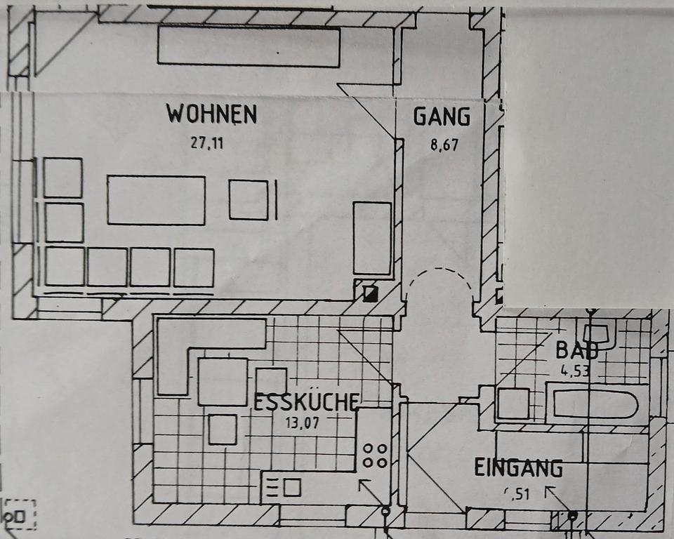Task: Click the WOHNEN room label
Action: [x=211, y=114]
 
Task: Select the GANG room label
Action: [x=441, y=117]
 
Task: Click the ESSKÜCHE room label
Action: [x=307, y=402]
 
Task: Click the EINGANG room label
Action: [x=518, y=467]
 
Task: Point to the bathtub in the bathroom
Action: [x=595, y=404]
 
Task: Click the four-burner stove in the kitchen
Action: [x=374, y=455]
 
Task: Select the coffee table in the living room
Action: [x=156, y=200]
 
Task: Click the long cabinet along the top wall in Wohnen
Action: [x=249, y=46]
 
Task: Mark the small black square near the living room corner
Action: [x=370, y=293]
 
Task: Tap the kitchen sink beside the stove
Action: [x=284, y=486]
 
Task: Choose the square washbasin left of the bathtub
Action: [x=513, y=404]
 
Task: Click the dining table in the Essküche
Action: [x=223, y=381]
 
